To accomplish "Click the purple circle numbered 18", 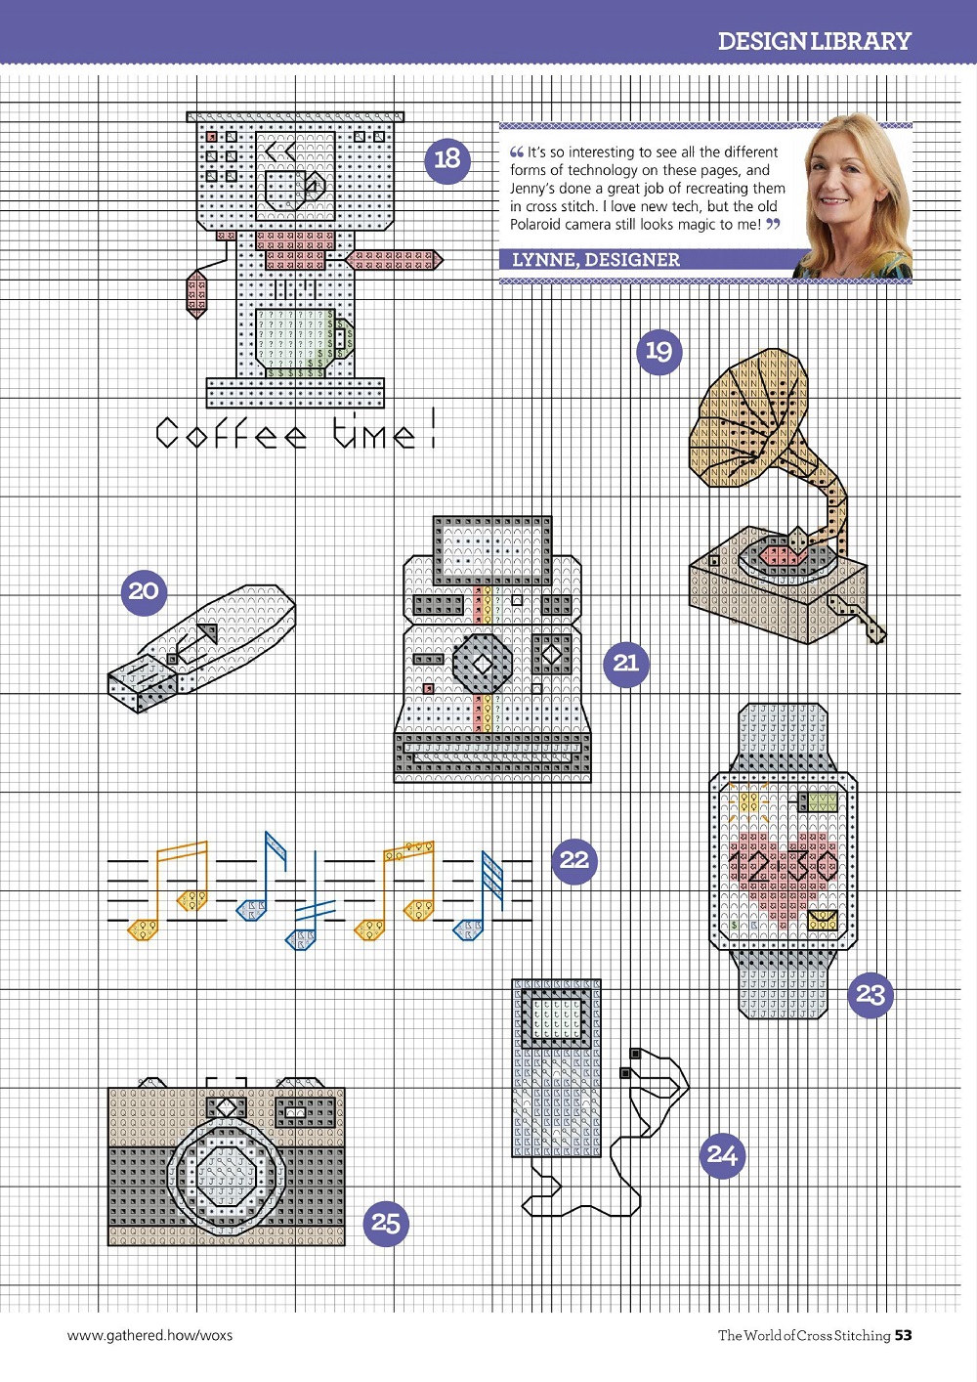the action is [447, 160].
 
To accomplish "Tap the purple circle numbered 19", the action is [658, 352].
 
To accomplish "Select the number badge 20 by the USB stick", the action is [144, 592].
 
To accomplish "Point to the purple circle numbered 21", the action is [625, 664].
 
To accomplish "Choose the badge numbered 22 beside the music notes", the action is [574, 861].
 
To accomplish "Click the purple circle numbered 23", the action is [871, 995].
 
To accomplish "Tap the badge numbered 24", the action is [722, 1155].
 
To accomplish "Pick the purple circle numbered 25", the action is [386, 1224].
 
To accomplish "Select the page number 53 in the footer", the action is [903, 1335].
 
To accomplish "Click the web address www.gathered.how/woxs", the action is [149, 1336].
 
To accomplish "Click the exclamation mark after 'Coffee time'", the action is [433, 427].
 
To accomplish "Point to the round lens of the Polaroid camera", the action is [483, 664].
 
